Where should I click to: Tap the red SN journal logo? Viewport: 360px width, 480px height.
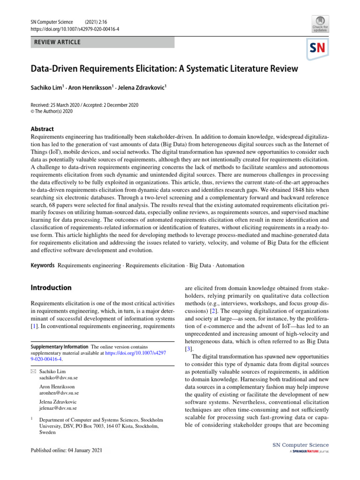tap(317, 48)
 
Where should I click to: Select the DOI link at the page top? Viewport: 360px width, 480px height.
tap(75, 29)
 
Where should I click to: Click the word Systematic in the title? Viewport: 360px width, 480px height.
tap(203, 69)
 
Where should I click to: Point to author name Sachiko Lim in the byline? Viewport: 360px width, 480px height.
tap(49, 88)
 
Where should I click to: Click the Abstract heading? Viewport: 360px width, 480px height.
tap(42, 129)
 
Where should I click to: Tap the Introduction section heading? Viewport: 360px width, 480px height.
tap(51, 287)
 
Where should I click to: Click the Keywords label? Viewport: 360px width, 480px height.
tap(42, 265)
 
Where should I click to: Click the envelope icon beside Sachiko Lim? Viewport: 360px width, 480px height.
tap(33, 371)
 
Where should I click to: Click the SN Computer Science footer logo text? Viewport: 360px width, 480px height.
tap(300, 445)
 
